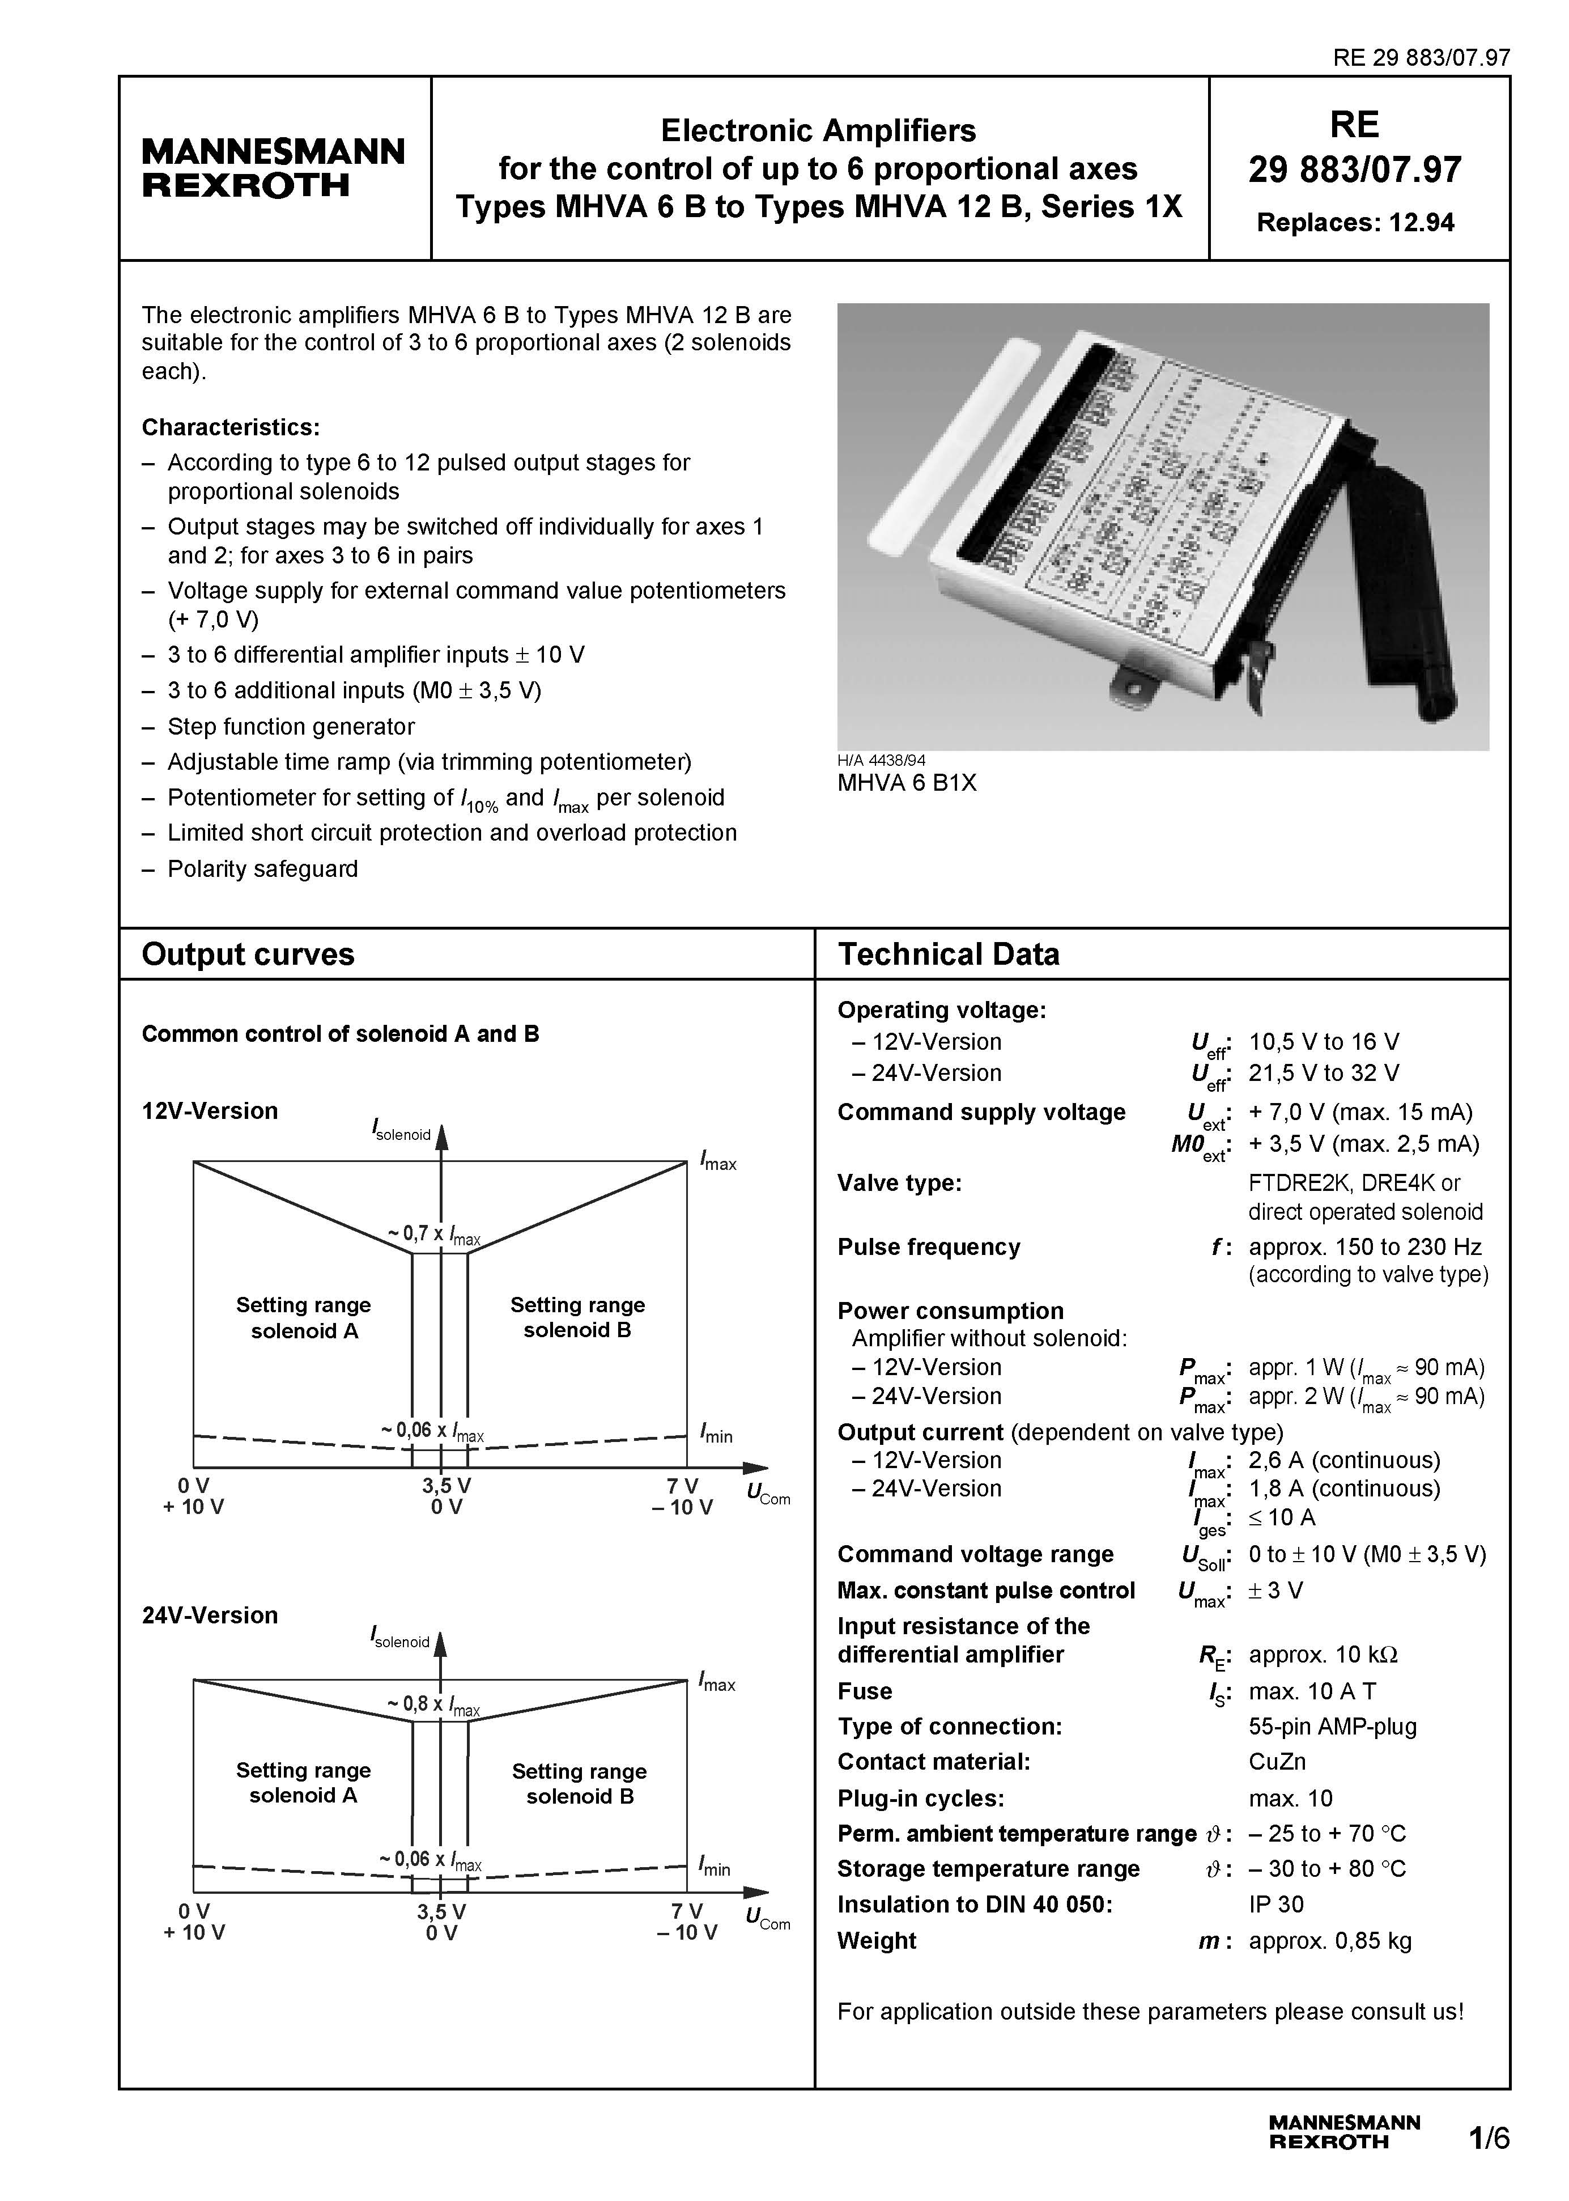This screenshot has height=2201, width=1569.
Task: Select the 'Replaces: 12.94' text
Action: pos(1354,223)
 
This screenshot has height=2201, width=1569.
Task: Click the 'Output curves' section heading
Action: pos(248,955)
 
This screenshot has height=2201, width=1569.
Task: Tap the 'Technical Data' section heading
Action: pos(948,955)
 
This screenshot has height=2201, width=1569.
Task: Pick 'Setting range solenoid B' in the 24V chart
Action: pos(579,1784)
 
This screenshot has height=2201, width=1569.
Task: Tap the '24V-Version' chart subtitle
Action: pos(210,1615)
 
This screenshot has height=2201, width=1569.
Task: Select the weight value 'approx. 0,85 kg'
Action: pos(1329,1940)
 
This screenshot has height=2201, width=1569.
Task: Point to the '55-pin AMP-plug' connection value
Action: pos(1332,1727)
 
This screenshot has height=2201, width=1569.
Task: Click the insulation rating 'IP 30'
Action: pos(1275,1905)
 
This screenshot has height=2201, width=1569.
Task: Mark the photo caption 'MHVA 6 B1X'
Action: pos(906,783)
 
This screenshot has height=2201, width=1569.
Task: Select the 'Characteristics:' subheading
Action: pos(230,427)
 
